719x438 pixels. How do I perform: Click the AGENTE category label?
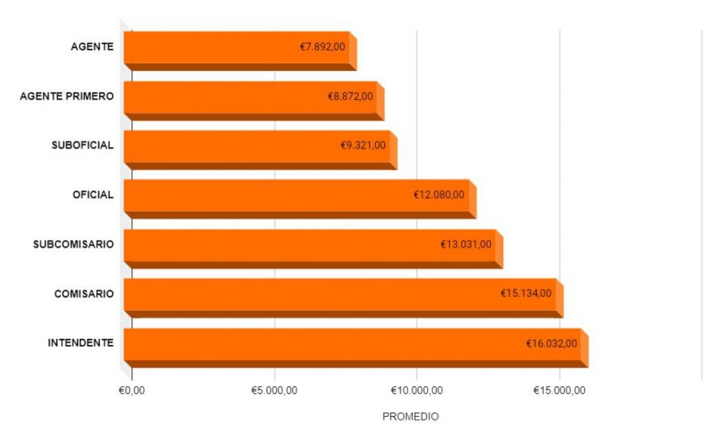[x=92, y=46]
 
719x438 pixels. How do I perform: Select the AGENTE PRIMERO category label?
[x=67, y=95]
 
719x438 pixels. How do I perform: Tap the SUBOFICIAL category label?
[x=82, y=145]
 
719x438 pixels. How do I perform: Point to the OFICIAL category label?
[x=93, y=194]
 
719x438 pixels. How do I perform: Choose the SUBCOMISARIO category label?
[x=74, y=244]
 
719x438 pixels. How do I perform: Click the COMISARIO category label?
[x=84, y=293]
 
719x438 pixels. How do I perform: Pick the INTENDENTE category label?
[x=81, y=343]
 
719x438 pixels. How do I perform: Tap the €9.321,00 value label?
[x=363, y=145]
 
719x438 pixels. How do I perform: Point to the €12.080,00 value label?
[x=439, y=194]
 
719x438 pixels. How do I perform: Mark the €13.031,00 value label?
[x=466, y=244]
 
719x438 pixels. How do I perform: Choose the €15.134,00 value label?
[x=526, y=293]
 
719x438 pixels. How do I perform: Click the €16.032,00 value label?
[x=552, y=343]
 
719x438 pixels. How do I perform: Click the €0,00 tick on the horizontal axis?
[x=131, y=390]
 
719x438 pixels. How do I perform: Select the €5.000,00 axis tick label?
[x=274, y=390]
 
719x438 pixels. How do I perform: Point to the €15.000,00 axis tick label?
[x=559, y=390]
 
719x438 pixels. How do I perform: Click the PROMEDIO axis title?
[x=410, y=416]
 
